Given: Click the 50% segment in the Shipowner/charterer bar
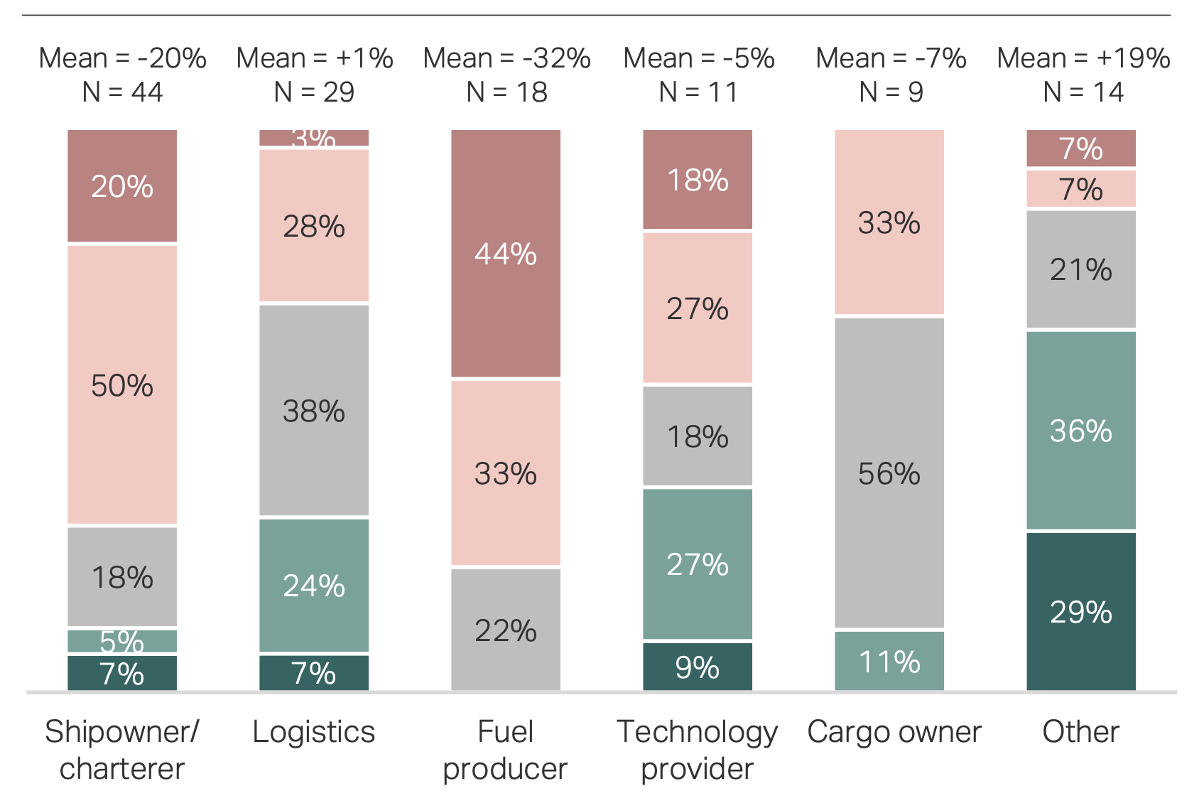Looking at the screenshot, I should click(122, 384).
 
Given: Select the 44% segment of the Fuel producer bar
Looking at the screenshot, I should click(506, 253).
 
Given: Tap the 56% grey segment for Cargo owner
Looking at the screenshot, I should click(889, 473).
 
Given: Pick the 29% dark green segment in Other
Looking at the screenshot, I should click(1081, 611).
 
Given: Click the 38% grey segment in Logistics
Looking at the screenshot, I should click(314, 410).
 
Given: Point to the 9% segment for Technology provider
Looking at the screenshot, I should click(698, 667).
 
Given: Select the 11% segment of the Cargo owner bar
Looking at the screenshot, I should click(889, 661).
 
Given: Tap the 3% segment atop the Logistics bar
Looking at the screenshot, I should click(314, 137).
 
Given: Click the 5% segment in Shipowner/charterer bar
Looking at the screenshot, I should click(122, 641).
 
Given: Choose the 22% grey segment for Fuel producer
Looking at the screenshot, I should click(506, 630).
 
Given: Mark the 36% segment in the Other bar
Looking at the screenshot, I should click(1081, 430).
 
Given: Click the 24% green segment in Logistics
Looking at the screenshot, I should click(314, 585).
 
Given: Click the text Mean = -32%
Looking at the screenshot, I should click(506, 58).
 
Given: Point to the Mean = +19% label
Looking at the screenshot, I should click(1083, 58).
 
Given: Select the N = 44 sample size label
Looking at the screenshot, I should click(122, 92).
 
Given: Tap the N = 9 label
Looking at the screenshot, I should click(891, 92).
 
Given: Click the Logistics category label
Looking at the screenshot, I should click(313, 731).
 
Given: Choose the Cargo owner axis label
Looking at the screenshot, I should click(894, 731).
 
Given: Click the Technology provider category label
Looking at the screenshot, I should click(697, 749).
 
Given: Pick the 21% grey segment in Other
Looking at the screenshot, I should click(1081, 269).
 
